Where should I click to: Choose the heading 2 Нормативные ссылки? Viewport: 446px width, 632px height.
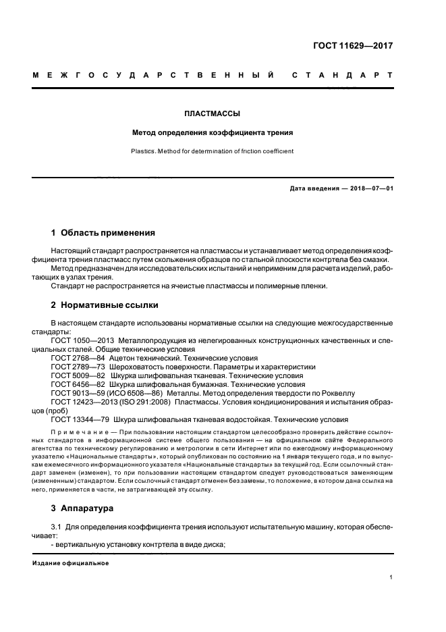[x=104, y=304]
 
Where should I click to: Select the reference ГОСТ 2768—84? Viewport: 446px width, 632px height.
[x=78, y=358]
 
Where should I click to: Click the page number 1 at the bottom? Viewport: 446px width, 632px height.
[x=391, y=577]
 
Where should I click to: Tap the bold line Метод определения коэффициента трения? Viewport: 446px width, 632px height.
[x=213, y=132]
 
